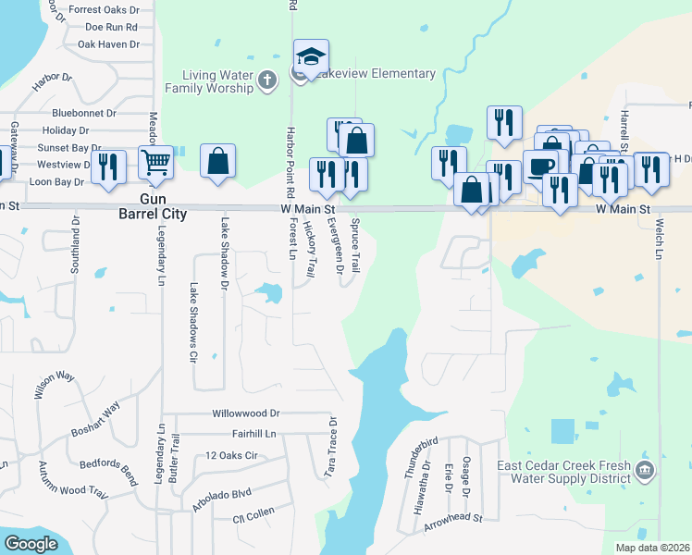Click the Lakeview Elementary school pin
pyautogui.click(x=311, y=58)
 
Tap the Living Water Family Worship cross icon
pyautogui.click(x=267, y=80)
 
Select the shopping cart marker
pyautogui.click(x=156, y=162)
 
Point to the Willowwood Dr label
pyautogui.click(x=245, y=413)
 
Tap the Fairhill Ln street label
pyautogui.click(x=241, y=434)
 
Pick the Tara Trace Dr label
pyautogui.click(x=330, y=446)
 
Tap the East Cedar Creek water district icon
pyautogui.click(x=646, y=471)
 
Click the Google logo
pyautogui.click(x=31, y=544)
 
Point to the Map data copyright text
pyautogui.click(x=652, y=548)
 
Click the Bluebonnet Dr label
pyautogui.click(x=83, y=113)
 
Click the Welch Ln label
pyautogui.click(x=660, y=238)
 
